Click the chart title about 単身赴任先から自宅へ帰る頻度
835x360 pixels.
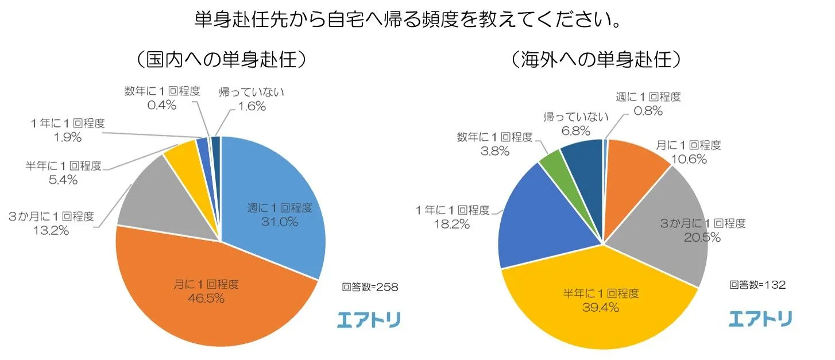click(x=408, y=21)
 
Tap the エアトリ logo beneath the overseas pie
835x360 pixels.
click(x=760, y=319)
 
